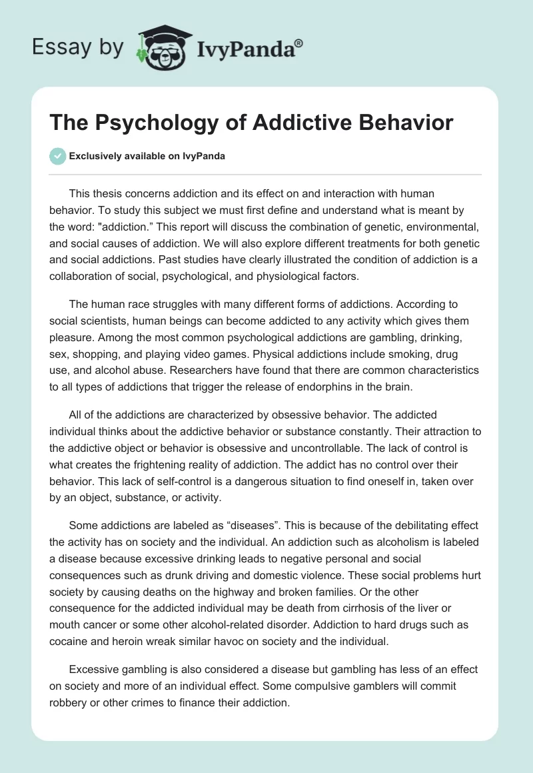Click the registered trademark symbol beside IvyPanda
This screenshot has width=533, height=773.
click(x=299, y=43)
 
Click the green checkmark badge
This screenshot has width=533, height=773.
click(x=58, y=156)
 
